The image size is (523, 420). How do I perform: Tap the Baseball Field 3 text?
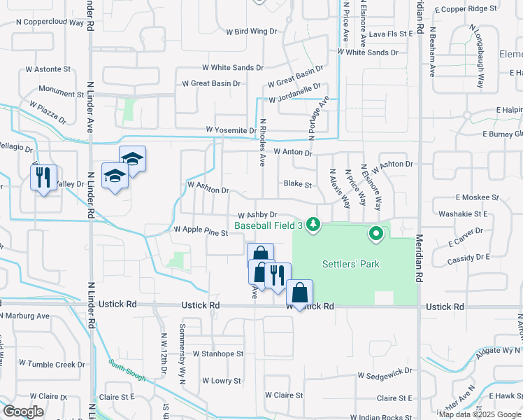(268, 225)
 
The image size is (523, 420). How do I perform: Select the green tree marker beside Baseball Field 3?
(315, 225)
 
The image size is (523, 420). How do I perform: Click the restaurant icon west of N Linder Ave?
(43, 178)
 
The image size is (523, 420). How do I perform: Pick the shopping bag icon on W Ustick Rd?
(299, 294)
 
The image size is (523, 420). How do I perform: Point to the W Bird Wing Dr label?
(252, 31)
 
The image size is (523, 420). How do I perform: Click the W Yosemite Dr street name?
(231, 130)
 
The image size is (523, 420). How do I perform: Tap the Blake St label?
(297, 185)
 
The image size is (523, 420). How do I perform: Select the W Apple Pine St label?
(201, 230)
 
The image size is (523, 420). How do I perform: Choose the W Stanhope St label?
(217, 354)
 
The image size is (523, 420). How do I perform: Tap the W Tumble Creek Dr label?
(52, 364)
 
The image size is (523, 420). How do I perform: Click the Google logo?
(23, 412)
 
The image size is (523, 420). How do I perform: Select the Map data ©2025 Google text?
(480, 414)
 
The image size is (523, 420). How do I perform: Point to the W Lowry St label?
(222, 381)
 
